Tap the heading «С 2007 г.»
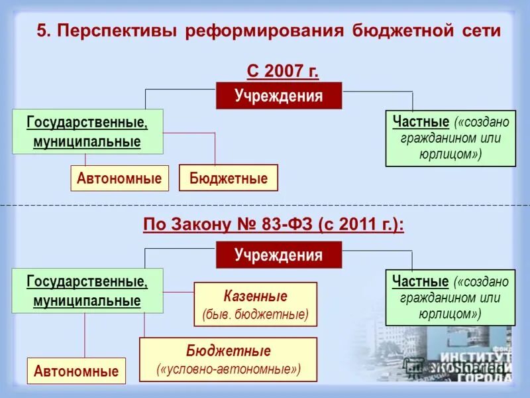pos(278,70)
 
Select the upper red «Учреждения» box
pos(279,96)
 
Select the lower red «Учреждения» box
pos(279,255)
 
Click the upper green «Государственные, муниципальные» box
pos(87,131)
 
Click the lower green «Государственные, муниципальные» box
pos(87,291)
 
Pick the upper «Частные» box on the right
pos(450,138)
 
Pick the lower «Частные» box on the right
pos(450,297)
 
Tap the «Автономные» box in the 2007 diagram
pos(119,178)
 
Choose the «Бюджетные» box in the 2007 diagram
pos(229,178)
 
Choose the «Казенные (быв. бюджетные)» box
pos(255,304)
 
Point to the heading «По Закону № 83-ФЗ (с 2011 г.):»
pos(274,224)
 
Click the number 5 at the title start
pos(41,31)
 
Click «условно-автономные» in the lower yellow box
pos(229,368)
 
